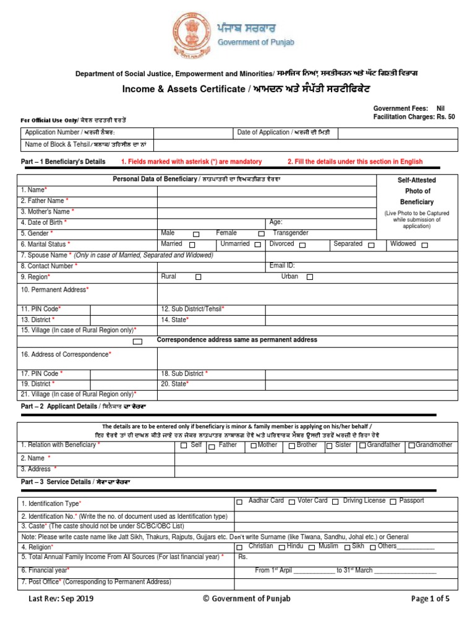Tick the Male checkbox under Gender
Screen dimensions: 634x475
click(x=196, y=234)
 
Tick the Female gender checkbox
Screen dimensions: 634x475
click(x=261, y=234)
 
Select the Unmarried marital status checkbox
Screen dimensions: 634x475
click(x=257, y=245)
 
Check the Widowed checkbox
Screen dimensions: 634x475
click(x=425, y=245)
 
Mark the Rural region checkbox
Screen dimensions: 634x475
click(x=198, y=277)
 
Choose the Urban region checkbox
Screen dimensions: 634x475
click(x=310, y=277)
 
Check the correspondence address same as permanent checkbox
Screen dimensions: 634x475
click(x=137, y=341)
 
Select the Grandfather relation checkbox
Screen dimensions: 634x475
click(x=362, y=446)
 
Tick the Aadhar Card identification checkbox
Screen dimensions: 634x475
click(x=239, y=502)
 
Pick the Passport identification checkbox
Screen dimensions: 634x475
click(x=392, y=502)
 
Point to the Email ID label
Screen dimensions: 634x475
click(x=282, y=266)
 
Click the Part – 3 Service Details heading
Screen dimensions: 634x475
click(x=75, y=482)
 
